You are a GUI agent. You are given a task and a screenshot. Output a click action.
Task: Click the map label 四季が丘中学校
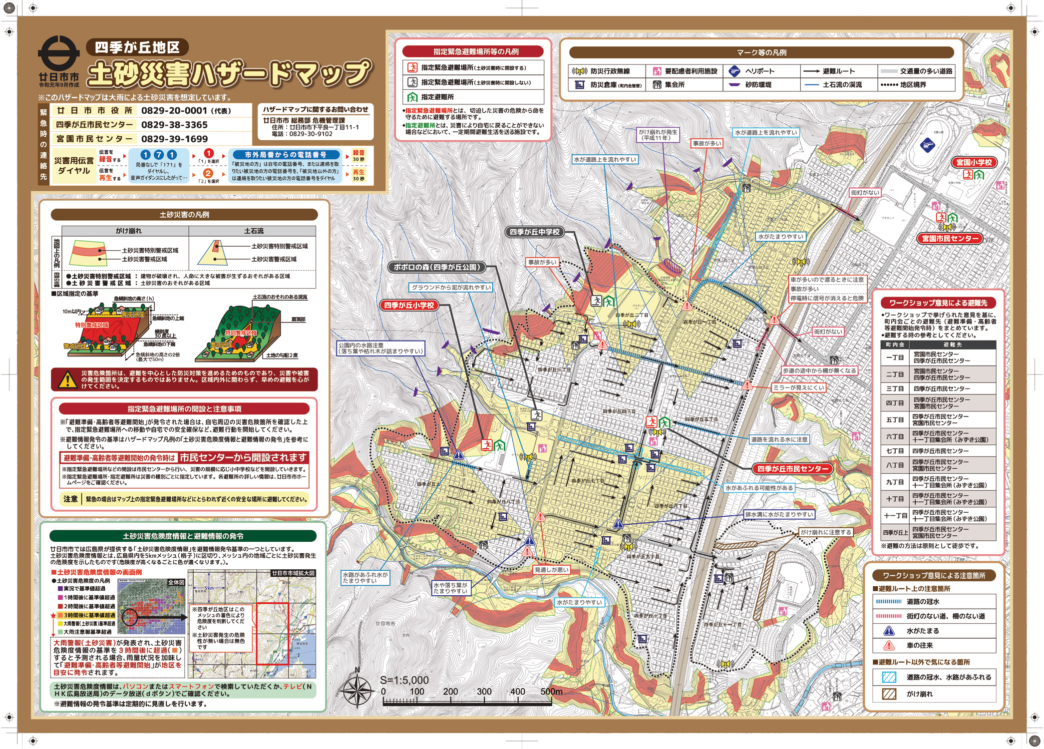[x=534, y=232]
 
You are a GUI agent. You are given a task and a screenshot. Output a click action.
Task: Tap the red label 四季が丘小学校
[x=409, y=305]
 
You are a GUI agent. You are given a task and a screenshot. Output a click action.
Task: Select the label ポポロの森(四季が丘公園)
[x=437, y=267]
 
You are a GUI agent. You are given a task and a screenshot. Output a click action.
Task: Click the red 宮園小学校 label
[x=974, y=162]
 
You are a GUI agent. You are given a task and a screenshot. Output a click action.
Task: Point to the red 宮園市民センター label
[x=950, y=239]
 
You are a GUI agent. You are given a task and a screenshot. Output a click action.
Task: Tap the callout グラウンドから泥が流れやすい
[x=451, y=288]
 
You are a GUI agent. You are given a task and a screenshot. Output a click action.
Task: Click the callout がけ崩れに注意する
[x=826, y=532]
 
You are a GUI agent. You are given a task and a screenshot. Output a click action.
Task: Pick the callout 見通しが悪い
[x=551, y=570]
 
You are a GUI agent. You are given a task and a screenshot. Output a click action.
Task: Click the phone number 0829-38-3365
[x=174, y=125]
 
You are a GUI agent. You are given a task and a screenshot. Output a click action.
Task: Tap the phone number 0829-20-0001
[x=174, y=110]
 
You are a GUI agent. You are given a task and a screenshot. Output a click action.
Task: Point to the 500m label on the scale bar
[x=551, y=692]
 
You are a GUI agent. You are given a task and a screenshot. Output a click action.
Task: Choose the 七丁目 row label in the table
[x=895, y=451]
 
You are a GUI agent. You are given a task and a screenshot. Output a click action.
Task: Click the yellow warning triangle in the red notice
[x=67, y=380]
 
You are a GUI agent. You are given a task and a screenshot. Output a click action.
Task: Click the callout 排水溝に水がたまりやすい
[x=779, y=514]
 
